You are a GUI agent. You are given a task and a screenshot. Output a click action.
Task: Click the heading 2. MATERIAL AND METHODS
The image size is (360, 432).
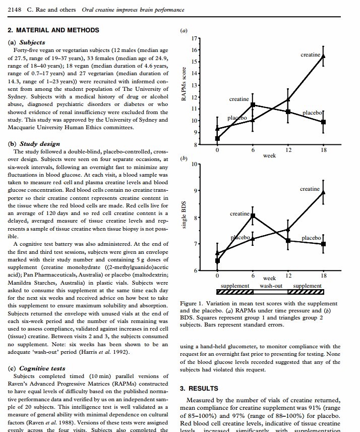(54, 30)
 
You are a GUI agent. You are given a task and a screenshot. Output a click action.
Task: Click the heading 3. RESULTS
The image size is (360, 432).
(199, 389)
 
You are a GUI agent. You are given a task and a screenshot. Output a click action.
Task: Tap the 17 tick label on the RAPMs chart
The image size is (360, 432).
(195, 38)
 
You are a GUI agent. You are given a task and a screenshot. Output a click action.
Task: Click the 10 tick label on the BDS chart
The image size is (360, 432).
(195, 165)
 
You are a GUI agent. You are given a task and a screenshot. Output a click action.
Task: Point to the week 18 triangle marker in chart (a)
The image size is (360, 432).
(323, 56)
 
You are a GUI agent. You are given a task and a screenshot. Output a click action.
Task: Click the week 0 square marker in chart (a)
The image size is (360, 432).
(217, 138)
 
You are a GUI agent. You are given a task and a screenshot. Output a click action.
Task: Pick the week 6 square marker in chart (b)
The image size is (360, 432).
(253, 216)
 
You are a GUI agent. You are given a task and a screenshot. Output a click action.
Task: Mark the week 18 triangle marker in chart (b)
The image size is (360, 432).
(323, 192)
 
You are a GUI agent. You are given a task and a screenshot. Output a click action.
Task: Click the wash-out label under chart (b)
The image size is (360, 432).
(270, 286)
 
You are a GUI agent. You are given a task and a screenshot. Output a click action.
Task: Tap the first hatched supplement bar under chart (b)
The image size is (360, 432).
(234, 292)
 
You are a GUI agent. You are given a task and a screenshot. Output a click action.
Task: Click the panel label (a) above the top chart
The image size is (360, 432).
(184, 30)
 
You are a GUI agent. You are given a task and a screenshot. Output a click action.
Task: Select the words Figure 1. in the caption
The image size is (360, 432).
(192, 303)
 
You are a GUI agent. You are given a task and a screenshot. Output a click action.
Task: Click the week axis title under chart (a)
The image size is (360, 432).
(269, 156)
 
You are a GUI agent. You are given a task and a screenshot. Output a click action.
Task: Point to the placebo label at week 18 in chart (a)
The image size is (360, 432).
(312, 112)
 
